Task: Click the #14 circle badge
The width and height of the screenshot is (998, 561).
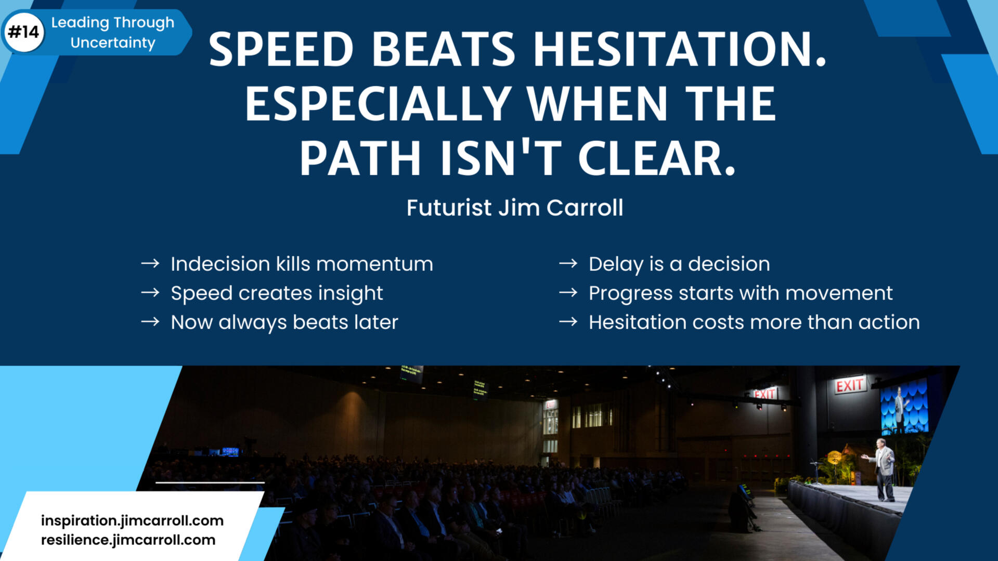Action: point(23,32)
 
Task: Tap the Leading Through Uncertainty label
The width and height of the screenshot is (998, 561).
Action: point(113,32)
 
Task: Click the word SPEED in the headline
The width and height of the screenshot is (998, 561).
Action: point(281,49)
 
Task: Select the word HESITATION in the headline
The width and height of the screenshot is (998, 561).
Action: point(679,49)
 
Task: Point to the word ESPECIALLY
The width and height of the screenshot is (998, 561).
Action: point(378,103)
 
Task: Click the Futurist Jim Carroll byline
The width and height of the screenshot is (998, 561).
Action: point(515,207)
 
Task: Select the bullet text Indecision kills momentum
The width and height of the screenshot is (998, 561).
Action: point(302,264)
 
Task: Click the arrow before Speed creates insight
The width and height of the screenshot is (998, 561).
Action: point(150,293)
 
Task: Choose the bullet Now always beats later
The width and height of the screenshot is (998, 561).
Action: point(284,322)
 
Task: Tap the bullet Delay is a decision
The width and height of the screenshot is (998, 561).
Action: point(679,264)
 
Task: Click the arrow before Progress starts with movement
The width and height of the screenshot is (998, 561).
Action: point(568,293)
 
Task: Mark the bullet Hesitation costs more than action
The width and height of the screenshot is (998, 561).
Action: point(754,322)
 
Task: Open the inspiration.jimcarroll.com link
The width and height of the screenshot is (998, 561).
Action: point(132,520)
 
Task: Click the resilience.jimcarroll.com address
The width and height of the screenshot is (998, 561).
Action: point(128,540)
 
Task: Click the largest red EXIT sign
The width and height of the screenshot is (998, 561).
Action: point(850,385)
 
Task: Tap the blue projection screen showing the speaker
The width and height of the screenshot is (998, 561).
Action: point(904,408)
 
